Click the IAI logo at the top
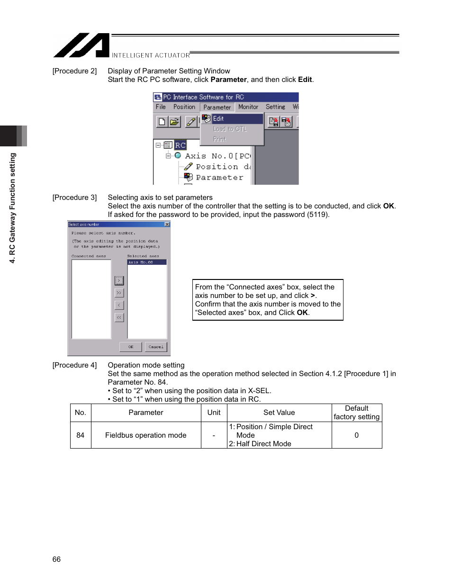pos(81,45)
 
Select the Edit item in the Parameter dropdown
pos(218,118)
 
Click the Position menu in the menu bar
pos(184,107)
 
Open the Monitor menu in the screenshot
pos(248,107)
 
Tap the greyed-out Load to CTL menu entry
pos(230,129)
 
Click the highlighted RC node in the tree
pos(180,145)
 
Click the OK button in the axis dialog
pos(131,347)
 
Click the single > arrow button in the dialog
pos(119,280)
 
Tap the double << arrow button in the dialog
pos(119,317)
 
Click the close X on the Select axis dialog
pos(167,224)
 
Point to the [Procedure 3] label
pos(74,198)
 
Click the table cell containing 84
pos(81,435)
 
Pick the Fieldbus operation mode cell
pos(145,435)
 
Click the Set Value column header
pos(279,413)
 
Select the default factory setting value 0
pos(356,435)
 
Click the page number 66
pos(56,559)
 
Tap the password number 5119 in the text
pos(317,215)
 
